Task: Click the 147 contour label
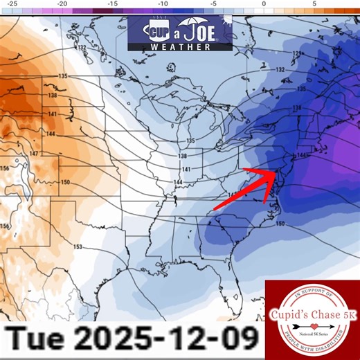click(33, 152)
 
